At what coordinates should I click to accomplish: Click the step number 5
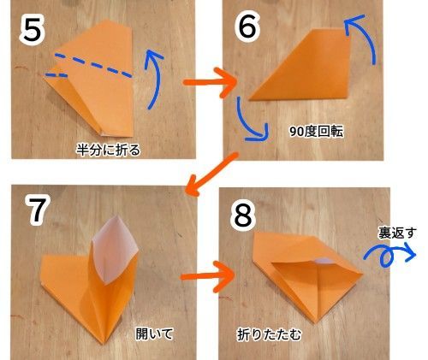[32, 32]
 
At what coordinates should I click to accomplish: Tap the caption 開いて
[155, 333]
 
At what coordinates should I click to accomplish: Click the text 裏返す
[396, 231]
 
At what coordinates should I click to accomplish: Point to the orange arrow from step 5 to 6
[210, 84]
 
